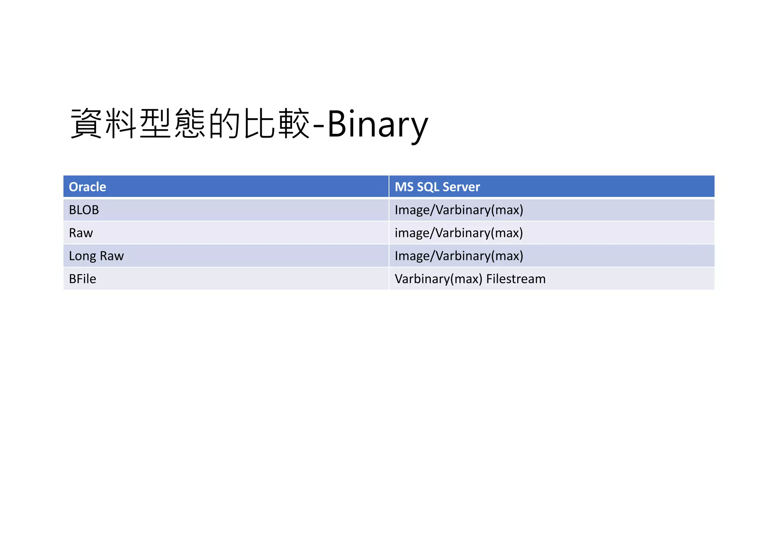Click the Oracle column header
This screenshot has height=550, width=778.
[87, 187]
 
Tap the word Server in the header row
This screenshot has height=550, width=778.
[461, 187]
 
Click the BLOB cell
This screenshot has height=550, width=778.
[84, 210]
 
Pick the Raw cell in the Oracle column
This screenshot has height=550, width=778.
[81, 233]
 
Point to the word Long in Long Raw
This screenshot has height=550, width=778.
[82, 256]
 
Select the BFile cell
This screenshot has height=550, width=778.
[82, 279]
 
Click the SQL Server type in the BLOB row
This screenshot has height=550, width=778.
[459, 210]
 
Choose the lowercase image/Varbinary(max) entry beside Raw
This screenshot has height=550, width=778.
[459, 233]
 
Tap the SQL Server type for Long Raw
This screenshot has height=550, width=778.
[459, 256]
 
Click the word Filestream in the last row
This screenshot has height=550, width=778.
[516, 279]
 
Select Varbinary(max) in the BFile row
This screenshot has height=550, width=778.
[438, 279]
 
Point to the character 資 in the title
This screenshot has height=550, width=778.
[86, 123]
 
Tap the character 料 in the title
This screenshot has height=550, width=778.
[121, 123]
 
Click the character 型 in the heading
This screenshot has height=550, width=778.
[155, 123]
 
